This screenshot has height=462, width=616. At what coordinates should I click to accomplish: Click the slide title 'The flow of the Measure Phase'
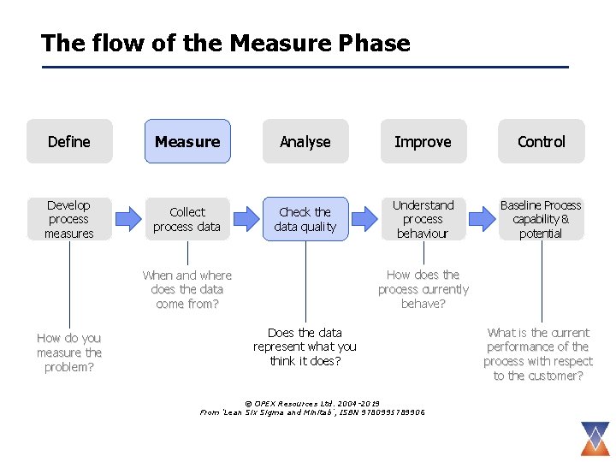pyautogui.click(x=226, y=43)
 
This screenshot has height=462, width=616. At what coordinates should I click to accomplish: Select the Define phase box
pyautogui.click(x=69, y=141)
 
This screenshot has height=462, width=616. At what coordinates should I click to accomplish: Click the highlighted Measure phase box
pyautogui.click(x=187, y=141)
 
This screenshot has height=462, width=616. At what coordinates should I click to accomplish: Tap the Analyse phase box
pyautogui.click(x=305, y=141)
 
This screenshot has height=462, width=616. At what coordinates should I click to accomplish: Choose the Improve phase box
pyautogui.click(x=423, y=141)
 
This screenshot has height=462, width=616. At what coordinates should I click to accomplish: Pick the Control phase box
pyautogui.click(x=542, y=141)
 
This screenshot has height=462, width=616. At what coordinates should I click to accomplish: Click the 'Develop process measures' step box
pyautogui.click(x=69, y=219)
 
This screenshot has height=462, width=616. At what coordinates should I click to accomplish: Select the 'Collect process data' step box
pyautogui.click(x=187, y=219)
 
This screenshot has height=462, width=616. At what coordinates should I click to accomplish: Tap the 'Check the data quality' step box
pyautogui.click(x=305, y=219)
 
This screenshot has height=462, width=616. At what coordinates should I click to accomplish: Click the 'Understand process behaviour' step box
pyautogui.click(x=423, y=219)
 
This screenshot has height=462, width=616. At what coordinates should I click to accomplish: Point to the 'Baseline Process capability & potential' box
pyautogui.click(x=541, y=219)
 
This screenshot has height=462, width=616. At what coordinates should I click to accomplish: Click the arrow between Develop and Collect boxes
pyautogui.click(x=128, y=219)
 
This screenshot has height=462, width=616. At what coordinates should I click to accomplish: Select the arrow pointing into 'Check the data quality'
pyautogui.click(x=246, y=219)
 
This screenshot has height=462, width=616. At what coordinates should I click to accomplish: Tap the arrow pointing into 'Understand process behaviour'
pyautogui.click(x=364, y=219)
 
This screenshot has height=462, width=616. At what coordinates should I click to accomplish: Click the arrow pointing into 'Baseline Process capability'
pyautogui.click(x=483, y=219)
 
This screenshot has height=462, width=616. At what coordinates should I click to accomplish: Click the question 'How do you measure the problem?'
pyautogui.click(x=69, y=352)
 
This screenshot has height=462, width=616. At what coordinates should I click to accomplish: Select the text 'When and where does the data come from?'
pyautogui.click(x=187, y=289)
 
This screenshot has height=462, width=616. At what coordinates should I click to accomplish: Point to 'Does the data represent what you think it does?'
pyautogui.click(x=305, y=346)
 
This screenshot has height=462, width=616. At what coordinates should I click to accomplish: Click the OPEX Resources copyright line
pyautogui.click(x=312, y=403)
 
